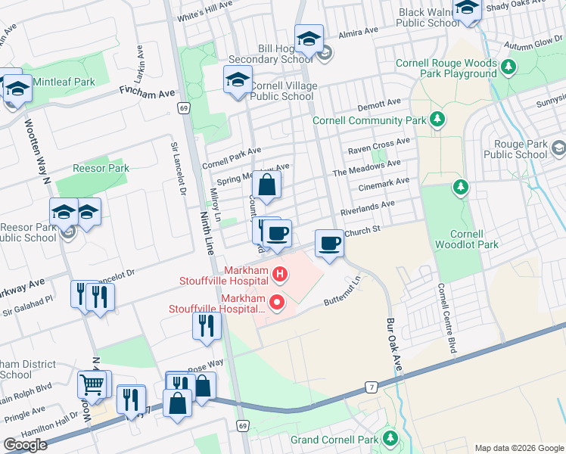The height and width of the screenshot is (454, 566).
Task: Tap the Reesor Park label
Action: click(101, 168)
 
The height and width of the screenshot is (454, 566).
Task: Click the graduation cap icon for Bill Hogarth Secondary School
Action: click(309, 39)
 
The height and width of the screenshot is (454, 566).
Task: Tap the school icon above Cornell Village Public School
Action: click(238, 80)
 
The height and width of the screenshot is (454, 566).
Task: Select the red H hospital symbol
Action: click(279, 273)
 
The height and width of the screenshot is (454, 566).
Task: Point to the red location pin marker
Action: click(277, 303)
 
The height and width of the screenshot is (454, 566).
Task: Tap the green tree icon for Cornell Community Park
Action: click(437, 120)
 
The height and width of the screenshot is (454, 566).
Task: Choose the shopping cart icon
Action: click(92, 384)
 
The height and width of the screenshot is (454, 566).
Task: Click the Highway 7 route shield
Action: click(370, 387)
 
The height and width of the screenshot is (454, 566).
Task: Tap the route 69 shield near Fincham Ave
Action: click(183, 108)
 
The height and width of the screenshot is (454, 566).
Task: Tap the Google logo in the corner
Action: click(26, 445)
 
